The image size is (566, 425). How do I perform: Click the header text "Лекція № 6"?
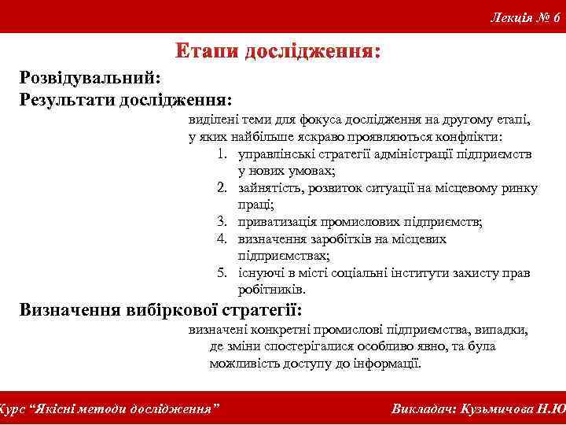pos(525,17)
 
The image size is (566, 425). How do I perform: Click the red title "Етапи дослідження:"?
pos(279,53)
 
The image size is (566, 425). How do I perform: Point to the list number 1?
pos(222,154)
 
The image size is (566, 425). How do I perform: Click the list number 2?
pos(222,188)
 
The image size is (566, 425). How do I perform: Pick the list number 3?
pos(222,222)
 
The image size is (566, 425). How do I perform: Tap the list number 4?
pos(222,239)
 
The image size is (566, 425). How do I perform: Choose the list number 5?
pos(222,273)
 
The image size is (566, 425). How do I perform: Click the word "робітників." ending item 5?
pos(272,290)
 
